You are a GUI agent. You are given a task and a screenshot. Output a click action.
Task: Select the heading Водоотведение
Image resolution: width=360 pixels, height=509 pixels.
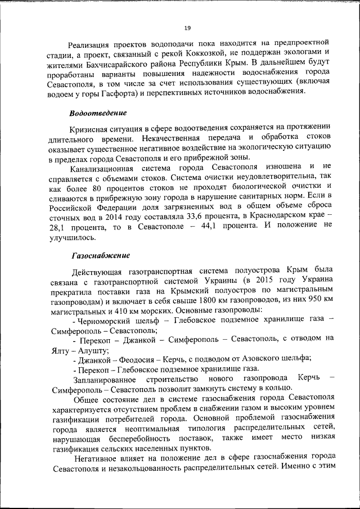pyautogui.click(x=98, y=112)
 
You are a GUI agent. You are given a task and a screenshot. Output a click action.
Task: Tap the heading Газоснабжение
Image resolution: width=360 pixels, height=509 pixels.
pyautogui.click(x=97, y=255)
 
